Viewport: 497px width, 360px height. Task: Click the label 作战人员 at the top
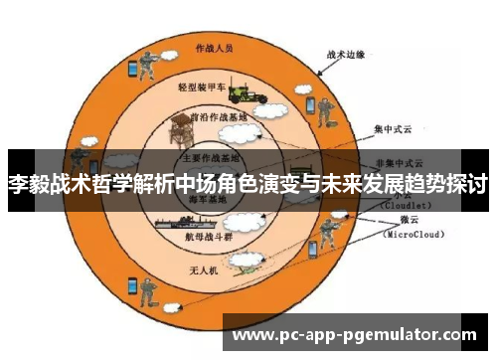[214, 47]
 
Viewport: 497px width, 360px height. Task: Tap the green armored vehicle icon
[247, 91]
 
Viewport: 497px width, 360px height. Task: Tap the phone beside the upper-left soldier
[130, 69]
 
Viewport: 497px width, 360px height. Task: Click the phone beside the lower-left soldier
[130, 286]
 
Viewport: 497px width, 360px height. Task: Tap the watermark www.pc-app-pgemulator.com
[360, 335]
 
